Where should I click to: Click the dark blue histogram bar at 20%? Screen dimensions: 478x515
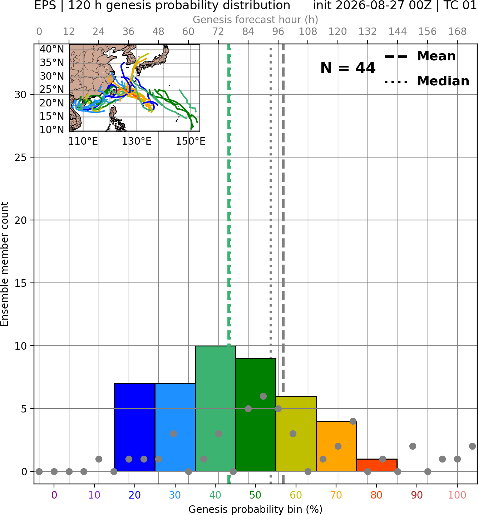(x=135, y=427)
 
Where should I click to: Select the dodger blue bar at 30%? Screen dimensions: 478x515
(x=175, y=427)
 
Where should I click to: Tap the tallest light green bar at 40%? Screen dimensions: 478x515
(x=216, y=409)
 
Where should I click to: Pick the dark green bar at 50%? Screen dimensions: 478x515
(x=256, y=415)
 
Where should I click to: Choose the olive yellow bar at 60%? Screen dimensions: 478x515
(x=296, y=434)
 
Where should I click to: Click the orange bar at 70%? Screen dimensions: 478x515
(x=336, y=446)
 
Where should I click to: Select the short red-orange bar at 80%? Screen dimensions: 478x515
(x=377, y=465)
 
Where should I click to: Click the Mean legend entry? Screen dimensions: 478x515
(x=420, y=56)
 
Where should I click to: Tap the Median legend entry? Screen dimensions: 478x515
(x=427, y=81)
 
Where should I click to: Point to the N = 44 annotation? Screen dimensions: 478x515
(x=348, y=68)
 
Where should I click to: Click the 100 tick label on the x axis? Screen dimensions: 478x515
(x=457, y=495)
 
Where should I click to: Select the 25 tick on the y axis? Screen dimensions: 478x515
(x=21, y=157)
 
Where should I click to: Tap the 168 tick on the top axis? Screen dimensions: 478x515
(x=458, y=32)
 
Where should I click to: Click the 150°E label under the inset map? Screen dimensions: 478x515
(x=191, y=141)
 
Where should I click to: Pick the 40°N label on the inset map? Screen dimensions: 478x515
(x=52, y=49)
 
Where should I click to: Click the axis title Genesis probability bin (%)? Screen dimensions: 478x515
(x=256, y=509)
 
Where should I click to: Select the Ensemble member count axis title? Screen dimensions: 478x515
(x=4, y=264)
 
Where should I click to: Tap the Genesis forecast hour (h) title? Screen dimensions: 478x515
(x=256, y=20)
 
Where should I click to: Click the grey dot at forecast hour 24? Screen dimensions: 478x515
(x=99, y=459)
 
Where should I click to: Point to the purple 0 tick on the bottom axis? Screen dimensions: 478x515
(x=54, y=495)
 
